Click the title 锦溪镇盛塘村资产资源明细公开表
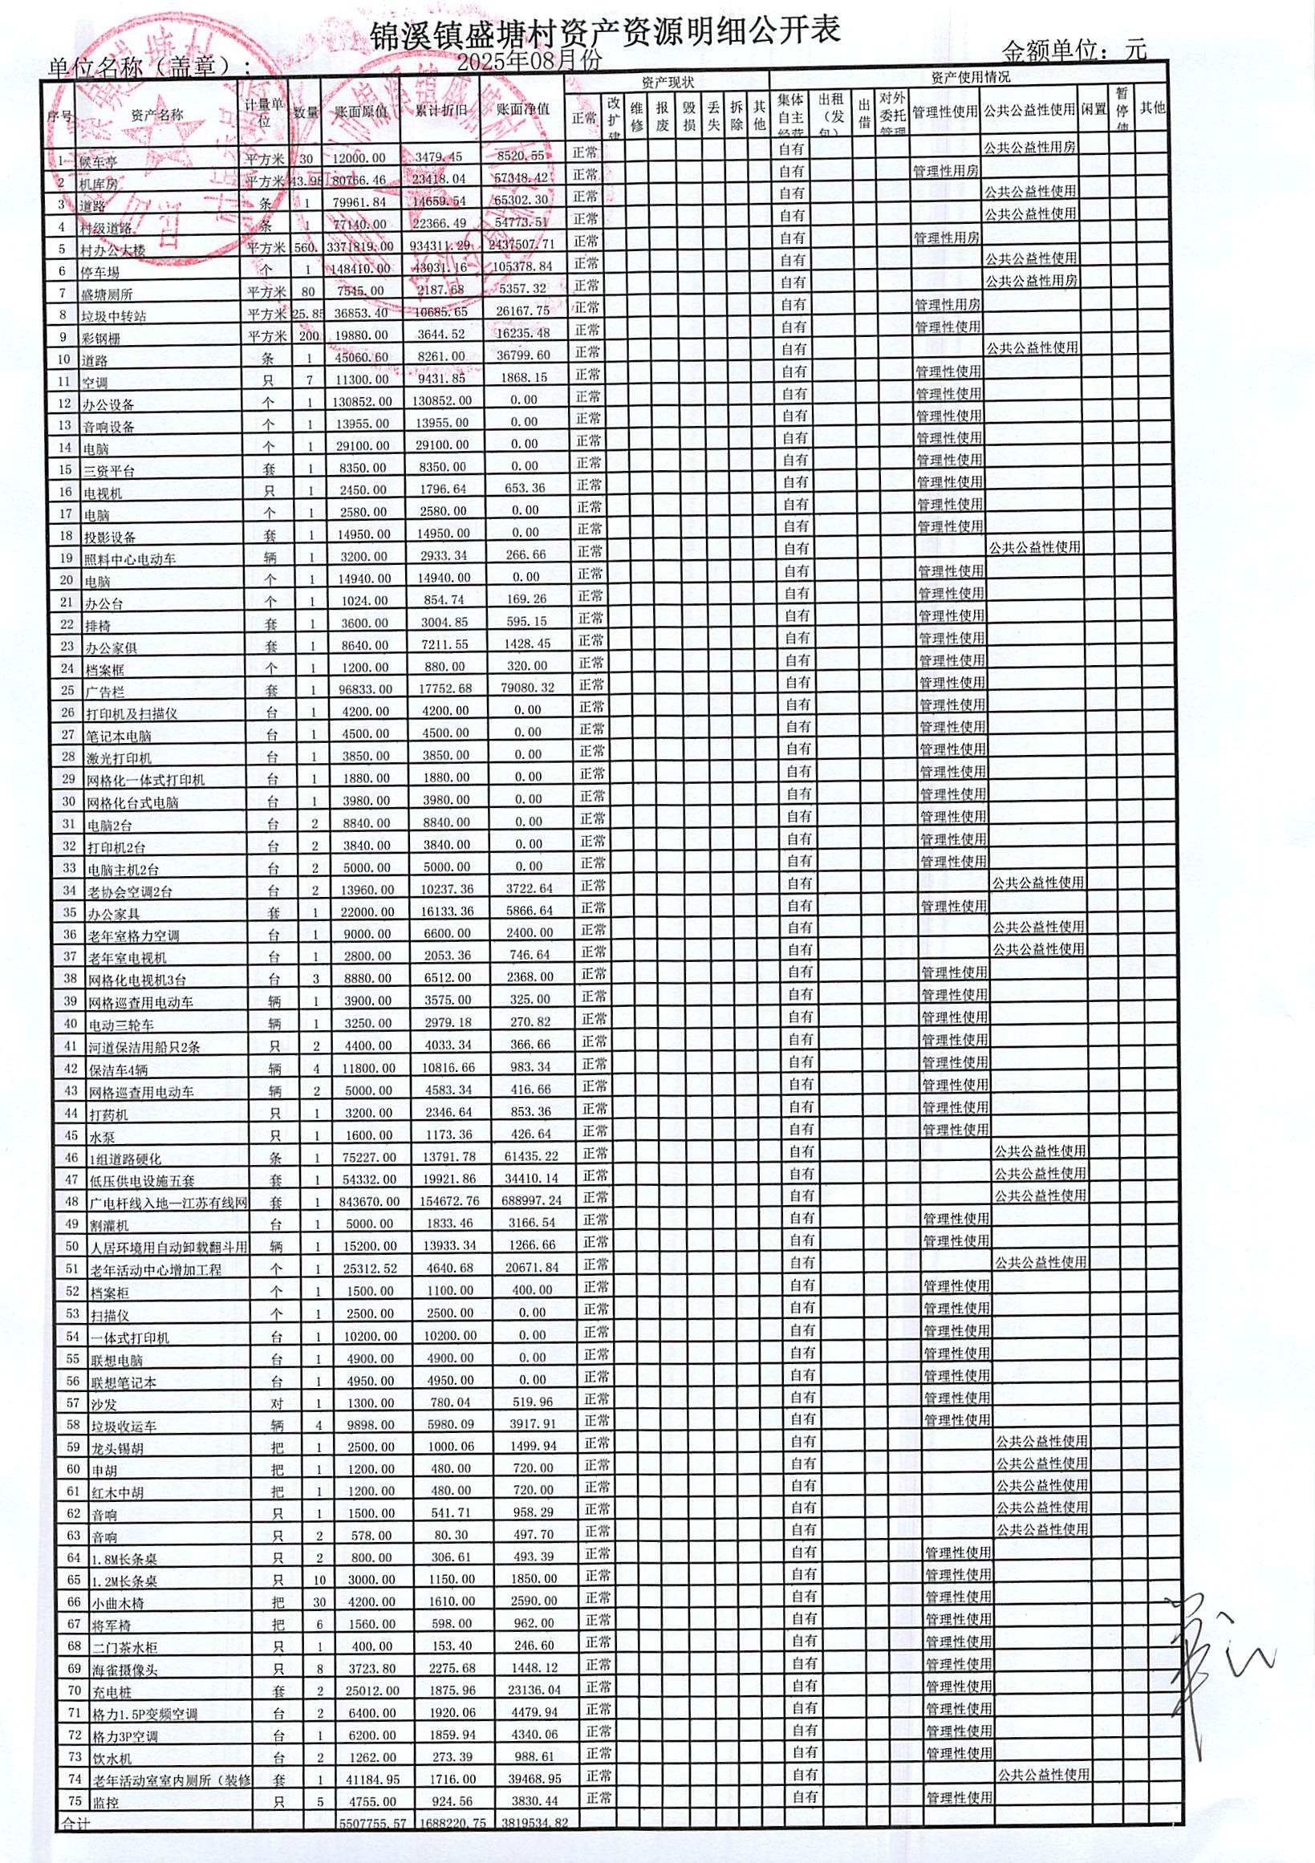(604, 30)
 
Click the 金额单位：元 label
(1074, 51)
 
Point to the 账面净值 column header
(523, 110)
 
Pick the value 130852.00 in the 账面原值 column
(362, 401)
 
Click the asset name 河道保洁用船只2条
(144, 1047)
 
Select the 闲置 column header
(1094, 110)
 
